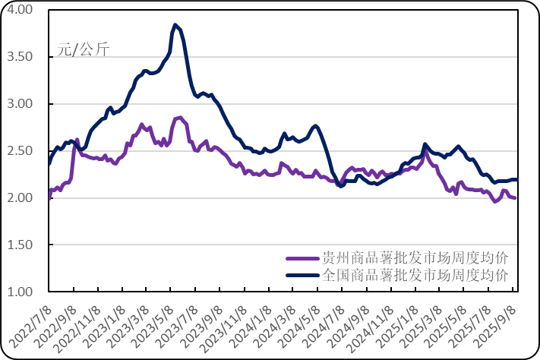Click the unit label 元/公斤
[x=83, y=50]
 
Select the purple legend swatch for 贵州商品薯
[x=302, y=257]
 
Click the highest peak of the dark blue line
[x=175, y=24]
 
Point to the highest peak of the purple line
[x=179, y=117]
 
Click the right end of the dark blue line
[x=517, y=179]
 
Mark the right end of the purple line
[x=516, y=199]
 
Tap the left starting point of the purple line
[x=49, y=196]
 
